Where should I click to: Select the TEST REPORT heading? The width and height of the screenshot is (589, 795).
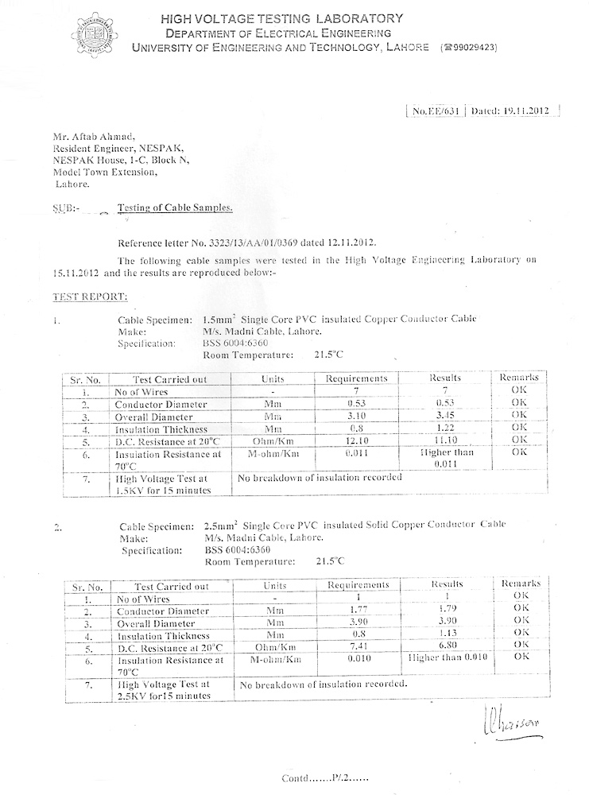point(83,297)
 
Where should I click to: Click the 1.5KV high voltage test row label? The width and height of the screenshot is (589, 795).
point(161,484)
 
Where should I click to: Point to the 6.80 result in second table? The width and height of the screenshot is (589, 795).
point(447,646)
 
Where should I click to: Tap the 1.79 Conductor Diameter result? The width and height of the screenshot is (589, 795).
point(447,610)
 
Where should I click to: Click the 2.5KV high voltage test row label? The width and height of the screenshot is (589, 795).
point(162,689)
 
